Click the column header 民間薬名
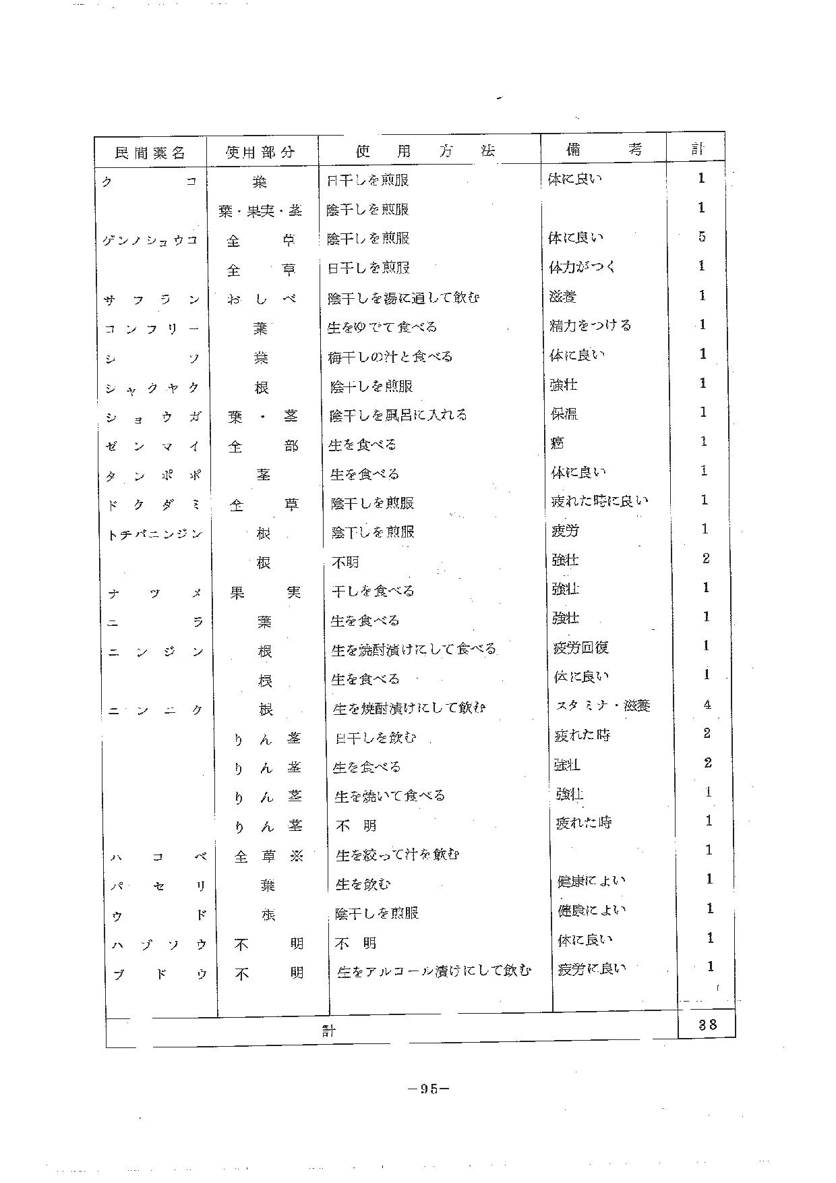150,153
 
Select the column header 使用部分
260,152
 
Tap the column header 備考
603,150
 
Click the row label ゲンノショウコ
150,240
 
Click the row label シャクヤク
152,388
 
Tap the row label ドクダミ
154,505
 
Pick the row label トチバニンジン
154,534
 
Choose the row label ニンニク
156,710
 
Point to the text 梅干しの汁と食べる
390,357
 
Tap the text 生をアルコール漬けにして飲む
434,971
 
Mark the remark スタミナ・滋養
603,706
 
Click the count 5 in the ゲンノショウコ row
702,237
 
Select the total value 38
707,1025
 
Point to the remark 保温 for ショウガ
564,413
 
